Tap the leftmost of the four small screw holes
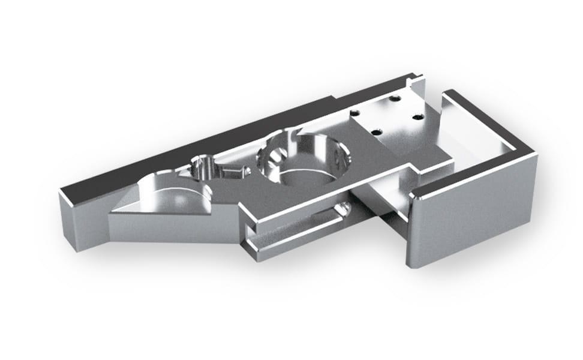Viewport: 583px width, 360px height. tap(356, 113)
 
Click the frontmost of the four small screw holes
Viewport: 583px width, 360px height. tap(376, 132)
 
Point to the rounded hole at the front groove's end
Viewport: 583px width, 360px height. tap(342, 209)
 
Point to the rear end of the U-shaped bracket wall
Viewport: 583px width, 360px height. tap(447, 95)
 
